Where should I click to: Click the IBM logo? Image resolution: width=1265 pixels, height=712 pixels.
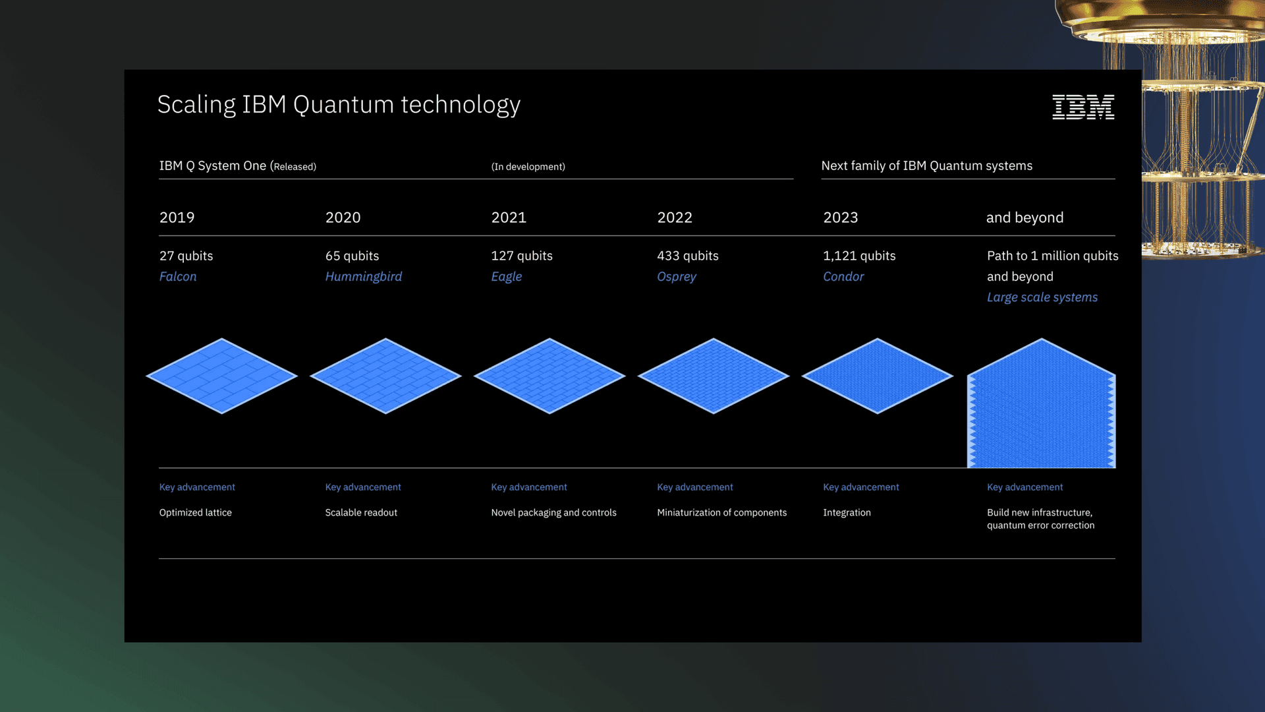pos(1082,107)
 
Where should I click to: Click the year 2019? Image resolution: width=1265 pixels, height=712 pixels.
pos(177,218)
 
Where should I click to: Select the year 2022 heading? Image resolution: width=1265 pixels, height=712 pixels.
pos(674,218)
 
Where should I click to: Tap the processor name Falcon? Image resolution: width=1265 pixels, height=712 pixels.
pos(178,277)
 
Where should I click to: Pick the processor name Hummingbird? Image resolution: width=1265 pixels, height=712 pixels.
pos(363,277)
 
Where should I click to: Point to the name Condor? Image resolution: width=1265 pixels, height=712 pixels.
pos(843,277)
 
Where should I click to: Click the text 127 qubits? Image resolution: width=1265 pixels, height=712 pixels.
pos(521,256)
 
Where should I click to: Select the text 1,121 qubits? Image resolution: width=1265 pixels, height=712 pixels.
pos(858,256)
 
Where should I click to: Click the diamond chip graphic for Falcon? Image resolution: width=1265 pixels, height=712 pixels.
pos(222,376)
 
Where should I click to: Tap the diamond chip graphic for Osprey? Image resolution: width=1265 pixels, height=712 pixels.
pos(713,376)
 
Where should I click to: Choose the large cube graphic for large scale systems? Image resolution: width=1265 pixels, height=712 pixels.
pos(1041,409)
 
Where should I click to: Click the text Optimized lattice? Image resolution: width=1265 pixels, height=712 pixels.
pos(195,513)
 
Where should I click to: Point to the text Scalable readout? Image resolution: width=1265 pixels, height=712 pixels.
pos(361,513)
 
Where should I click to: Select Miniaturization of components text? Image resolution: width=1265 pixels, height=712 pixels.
pos(721,513)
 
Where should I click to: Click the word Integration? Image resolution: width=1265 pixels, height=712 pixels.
pos(847,513)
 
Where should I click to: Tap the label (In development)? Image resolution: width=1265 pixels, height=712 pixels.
pos(528,167)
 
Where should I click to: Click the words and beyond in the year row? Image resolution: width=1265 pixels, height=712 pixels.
pos(1025,218)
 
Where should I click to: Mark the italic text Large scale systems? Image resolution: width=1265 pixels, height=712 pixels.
pos(1042,297)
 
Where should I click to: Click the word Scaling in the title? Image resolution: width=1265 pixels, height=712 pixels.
pos(196,105)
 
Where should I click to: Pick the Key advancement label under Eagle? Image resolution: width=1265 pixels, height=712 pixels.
pos(528,487)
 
